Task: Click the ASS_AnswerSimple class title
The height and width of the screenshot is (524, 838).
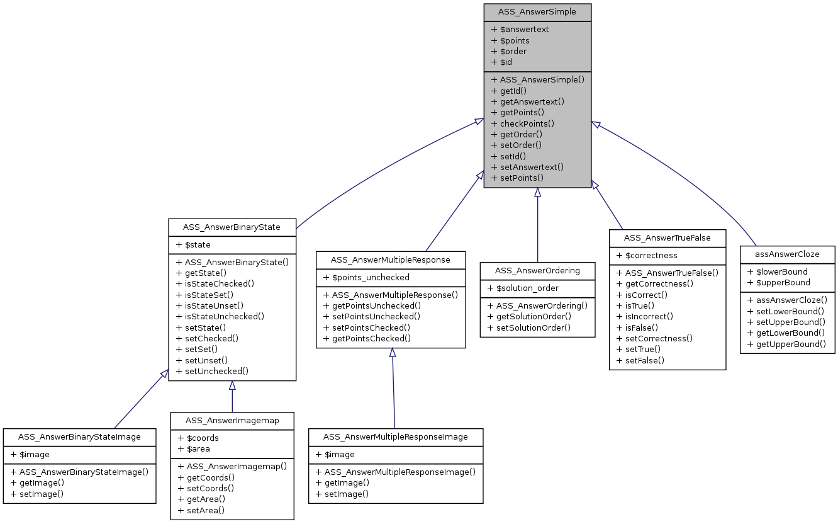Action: click(x=537, y=12)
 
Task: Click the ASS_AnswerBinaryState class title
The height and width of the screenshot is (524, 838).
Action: click(x=232, y=227)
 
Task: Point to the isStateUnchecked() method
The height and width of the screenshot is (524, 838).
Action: click(x=220, y=317)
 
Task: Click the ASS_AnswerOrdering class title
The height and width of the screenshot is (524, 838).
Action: click(x=537, y=270)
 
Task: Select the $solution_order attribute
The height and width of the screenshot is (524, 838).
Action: click(x=523, y=288)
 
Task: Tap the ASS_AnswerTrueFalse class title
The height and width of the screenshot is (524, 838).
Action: click(x=667, y=237)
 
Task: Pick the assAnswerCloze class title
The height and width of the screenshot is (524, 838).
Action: click(x=787, y=254)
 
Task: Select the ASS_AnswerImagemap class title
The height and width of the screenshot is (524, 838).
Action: click(x=232, y=420)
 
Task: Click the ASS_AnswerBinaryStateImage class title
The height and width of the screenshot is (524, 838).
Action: click(x=79, y=436)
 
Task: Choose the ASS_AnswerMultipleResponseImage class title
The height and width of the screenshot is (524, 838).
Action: click(x=395, y=436)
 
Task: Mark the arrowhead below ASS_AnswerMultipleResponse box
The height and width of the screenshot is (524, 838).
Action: click(x=392, y=353)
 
